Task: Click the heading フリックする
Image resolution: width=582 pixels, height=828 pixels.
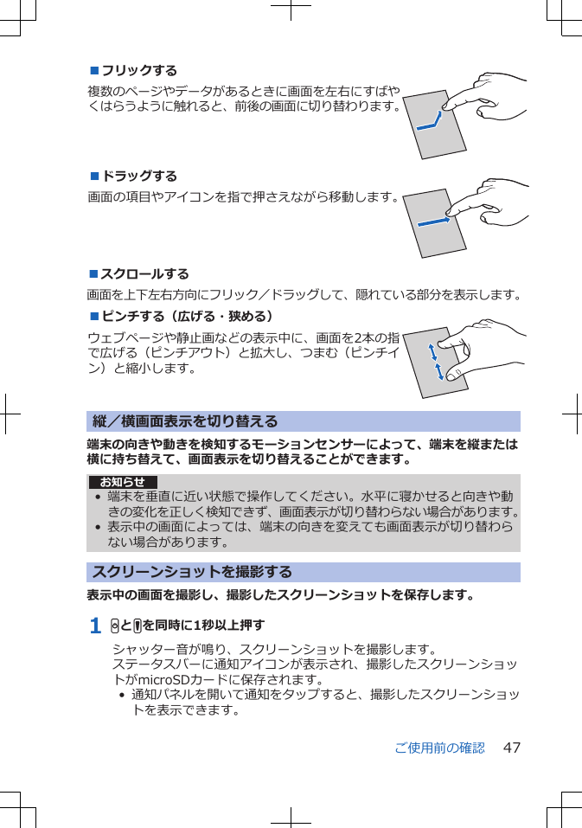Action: tap(139, 70)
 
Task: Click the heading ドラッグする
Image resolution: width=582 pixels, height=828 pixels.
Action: tap(139, 177)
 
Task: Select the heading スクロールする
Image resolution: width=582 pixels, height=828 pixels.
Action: tap(144, 274)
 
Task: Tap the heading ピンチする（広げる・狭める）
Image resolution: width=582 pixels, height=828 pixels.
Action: tap(187, 316)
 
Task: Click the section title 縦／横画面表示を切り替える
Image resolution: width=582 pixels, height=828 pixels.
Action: tap(185, 421)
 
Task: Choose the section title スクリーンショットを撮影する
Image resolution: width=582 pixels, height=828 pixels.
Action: tap(192, 572)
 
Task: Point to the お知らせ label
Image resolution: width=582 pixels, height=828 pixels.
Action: tap(123, 482)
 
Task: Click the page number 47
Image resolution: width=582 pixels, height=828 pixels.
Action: tap(511, 748)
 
